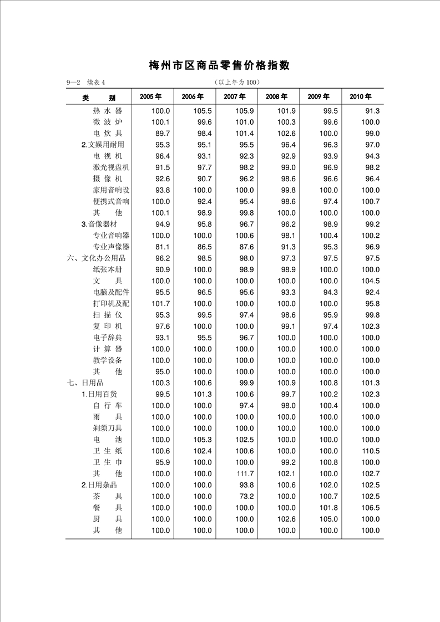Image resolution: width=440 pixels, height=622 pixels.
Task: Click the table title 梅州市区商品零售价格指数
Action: tap(220, 65)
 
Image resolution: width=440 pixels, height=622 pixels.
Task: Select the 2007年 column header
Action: tap(234, 96)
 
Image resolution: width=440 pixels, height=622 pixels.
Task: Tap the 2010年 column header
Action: tap(361, 96)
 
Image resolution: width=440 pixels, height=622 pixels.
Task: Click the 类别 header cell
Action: tap(99, 98)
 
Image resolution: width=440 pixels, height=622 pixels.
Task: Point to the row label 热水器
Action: tap(108, 111)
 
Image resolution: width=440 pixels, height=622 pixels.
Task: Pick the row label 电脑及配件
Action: tap(111, 292)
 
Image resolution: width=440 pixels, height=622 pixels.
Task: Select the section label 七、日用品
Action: tap(85, 383)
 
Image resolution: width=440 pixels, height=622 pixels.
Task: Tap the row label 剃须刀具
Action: tap(108, 429)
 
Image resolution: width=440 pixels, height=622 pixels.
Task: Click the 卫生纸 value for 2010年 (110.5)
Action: tap(370, 451)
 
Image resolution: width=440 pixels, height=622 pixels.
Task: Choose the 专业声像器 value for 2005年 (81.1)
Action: tap(160, 247)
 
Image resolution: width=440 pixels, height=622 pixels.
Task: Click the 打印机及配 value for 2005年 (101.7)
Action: tap(160, 304)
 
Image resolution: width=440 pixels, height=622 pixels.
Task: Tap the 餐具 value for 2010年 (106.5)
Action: tap(370, 508)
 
